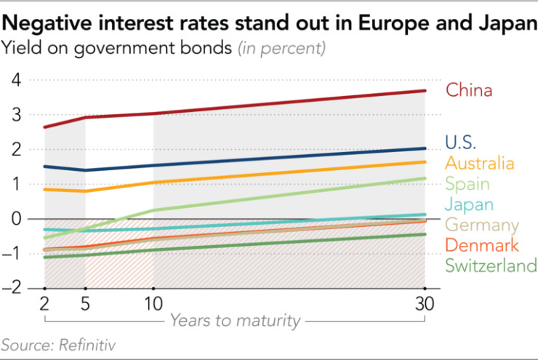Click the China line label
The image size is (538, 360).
pos(469,91)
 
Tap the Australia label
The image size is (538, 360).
pos(480,164)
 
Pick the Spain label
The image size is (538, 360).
pos(467,184)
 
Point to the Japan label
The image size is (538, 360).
pos(469,204)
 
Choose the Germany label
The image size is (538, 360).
pos(481,225)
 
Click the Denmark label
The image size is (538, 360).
pos(481,245)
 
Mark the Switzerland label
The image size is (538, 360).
pos(490,265)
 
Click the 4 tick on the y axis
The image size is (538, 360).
pos(15,79)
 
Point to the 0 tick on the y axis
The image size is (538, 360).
pos(15,218)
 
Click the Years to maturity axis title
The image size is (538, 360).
pos(236,320)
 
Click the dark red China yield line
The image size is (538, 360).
pos(291,103)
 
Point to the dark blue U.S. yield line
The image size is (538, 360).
pos(291,157)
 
